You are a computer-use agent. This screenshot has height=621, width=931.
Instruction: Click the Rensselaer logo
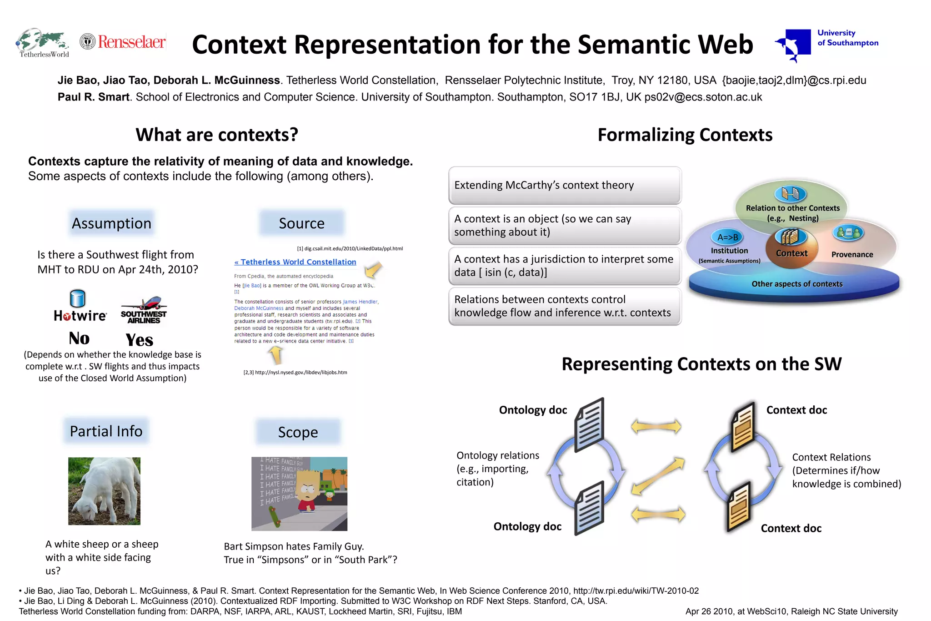click(123, 42)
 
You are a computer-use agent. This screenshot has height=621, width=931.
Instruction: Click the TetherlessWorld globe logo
click(43, 42)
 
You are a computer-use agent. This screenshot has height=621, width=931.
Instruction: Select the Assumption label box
click(111, 223)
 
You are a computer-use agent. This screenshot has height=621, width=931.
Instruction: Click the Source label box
click(301, 223)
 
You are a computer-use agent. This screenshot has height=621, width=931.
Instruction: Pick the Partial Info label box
click(106, 431)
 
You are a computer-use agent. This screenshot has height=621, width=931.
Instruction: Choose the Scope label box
click(298, 432)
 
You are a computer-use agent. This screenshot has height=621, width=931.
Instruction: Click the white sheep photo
click(104, 491)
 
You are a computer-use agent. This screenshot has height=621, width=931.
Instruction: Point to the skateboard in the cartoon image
click(274, 516)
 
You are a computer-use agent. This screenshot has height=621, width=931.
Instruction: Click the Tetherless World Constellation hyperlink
click(295, 262)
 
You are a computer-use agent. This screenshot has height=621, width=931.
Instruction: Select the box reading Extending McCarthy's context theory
click(564, 185)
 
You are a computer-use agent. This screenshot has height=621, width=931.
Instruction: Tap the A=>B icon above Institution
click(727, 237)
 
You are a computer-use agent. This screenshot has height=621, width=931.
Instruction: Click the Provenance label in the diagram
click(852, 254)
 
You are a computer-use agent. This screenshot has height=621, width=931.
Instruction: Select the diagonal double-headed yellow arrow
click(658, 476)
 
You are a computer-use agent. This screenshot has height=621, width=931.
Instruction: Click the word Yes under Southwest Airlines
click(140, 340)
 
